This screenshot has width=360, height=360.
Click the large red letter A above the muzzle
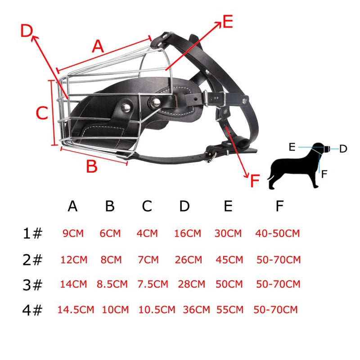(98, 46)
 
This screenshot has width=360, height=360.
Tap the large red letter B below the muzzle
(91, 166)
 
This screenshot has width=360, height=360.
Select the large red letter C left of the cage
(42, 113)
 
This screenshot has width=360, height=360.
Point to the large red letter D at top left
(27, 31)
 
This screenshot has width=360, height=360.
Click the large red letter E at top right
(228, 22)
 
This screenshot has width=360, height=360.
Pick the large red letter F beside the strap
(255, 181)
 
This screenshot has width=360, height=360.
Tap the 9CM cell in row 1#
(73, 234)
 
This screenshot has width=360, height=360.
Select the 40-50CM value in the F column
(277, 234)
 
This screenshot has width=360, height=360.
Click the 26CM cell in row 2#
(188, 260)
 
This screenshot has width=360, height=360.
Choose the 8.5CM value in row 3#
(112, 284)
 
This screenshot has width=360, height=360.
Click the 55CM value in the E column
(229, 310)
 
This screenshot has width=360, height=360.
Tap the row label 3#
(32, 285)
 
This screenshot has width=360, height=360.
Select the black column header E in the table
(228, 206)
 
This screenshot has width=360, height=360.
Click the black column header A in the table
(73, 206)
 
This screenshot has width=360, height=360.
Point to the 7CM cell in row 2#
(147, 260)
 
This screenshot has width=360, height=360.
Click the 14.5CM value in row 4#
(76, 310)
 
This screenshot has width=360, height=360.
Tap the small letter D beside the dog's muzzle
(343, 148)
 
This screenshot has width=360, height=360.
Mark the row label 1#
(32, 234)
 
